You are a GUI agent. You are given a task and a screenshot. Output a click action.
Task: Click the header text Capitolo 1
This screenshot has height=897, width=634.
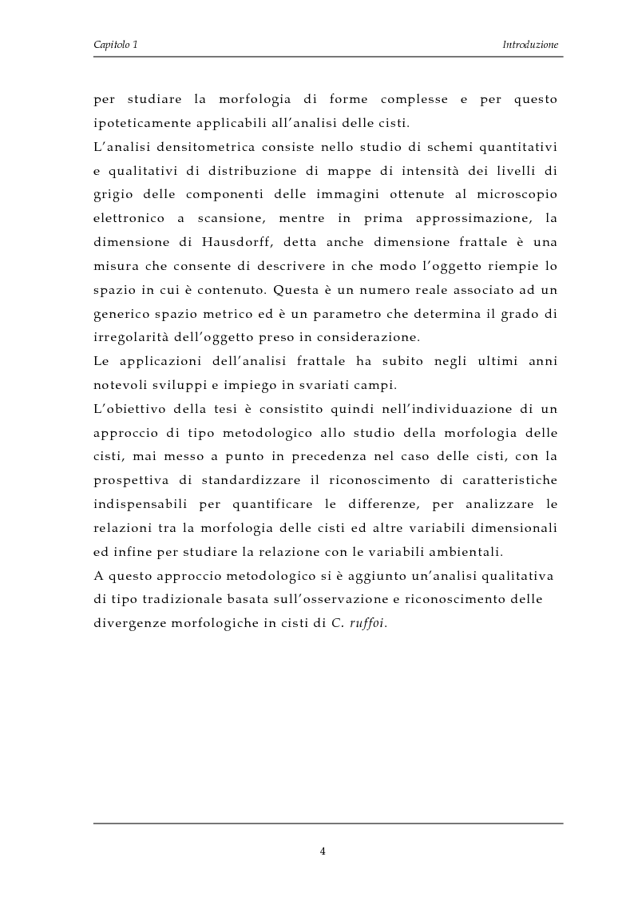coord(115,45)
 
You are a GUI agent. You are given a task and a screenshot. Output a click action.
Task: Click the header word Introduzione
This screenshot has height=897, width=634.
coord(530,45)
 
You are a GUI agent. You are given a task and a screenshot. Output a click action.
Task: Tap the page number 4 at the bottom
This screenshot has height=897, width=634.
coord(323,851)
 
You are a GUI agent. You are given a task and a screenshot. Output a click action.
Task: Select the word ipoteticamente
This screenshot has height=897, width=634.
coord(138,124)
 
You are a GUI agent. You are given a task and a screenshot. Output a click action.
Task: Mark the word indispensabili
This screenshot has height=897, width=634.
coord(137,503)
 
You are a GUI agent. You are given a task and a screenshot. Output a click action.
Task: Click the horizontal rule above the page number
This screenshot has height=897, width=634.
coord(328,823)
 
